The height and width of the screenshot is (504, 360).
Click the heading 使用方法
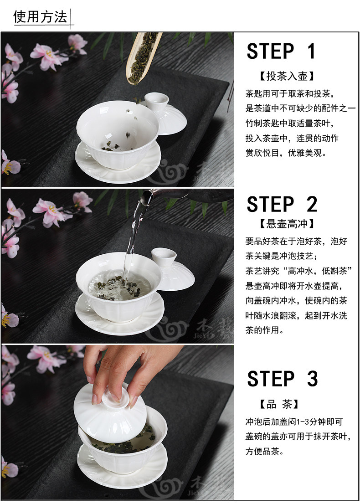pyautogui.click(x=40, y=17)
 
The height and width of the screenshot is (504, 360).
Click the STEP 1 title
pyautogui.click(x=281, y=51)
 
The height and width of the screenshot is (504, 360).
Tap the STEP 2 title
pyautogui.click(x=282, y=204)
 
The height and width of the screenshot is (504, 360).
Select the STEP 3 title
pyautogui.click(x=283, y=378)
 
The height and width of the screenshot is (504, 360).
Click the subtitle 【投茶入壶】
pyautogui.click(x=286, y=76)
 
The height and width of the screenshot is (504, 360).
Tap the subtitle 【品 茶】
pyautogui.click(x=279, y=404)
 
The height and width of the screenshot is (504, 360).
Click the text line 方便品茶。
pyautogui.click(x=265, y=452)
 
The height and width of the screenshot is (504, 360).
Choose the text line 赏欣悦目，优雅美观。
pyautogui.click(x=286, y=153)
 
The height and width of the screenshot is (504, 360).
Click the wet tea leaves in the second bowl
pyautogui.click(x=119, y=287)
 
